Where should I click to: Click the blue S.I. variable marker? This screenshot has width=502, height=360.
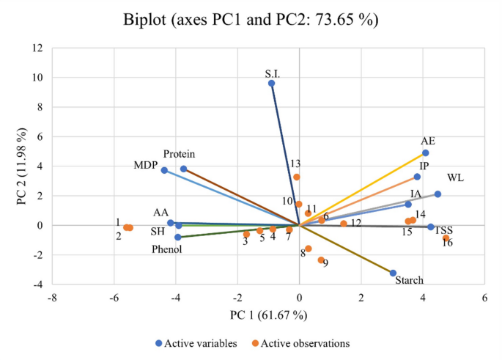tap(271, 84)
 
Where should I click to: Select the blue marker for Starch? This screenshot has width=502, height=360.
tap(393, 273)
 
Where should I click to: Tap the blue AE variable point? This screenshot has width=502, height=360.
tap(425, 153)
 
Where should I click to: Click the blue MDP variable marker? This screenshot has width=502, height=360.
tap(164, 170)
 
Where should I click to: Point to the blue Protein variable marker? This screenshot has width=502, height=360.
tap(184, 169)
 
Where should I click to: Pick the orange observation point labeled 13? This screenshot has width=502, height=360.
tap(297, 177)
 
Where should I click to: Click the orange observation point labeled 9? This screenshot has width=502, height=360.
tap(321, 260)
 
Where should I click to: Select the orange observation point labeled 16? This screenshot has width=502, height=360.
tap(446, 238)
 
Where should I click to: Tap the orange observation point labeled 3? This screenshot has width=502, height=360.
tap(247, 234)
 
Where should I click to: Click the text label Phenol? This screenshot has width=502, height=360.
tap(168, 249)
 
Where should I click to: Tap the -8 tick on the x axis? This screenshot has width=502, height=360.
tap(52, 298)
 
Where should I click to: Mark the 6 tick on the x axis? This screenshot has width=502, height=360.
tap(484, 298)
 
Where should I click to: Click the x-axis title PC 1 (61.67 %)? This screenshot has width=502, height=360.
tap(268, 315)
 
